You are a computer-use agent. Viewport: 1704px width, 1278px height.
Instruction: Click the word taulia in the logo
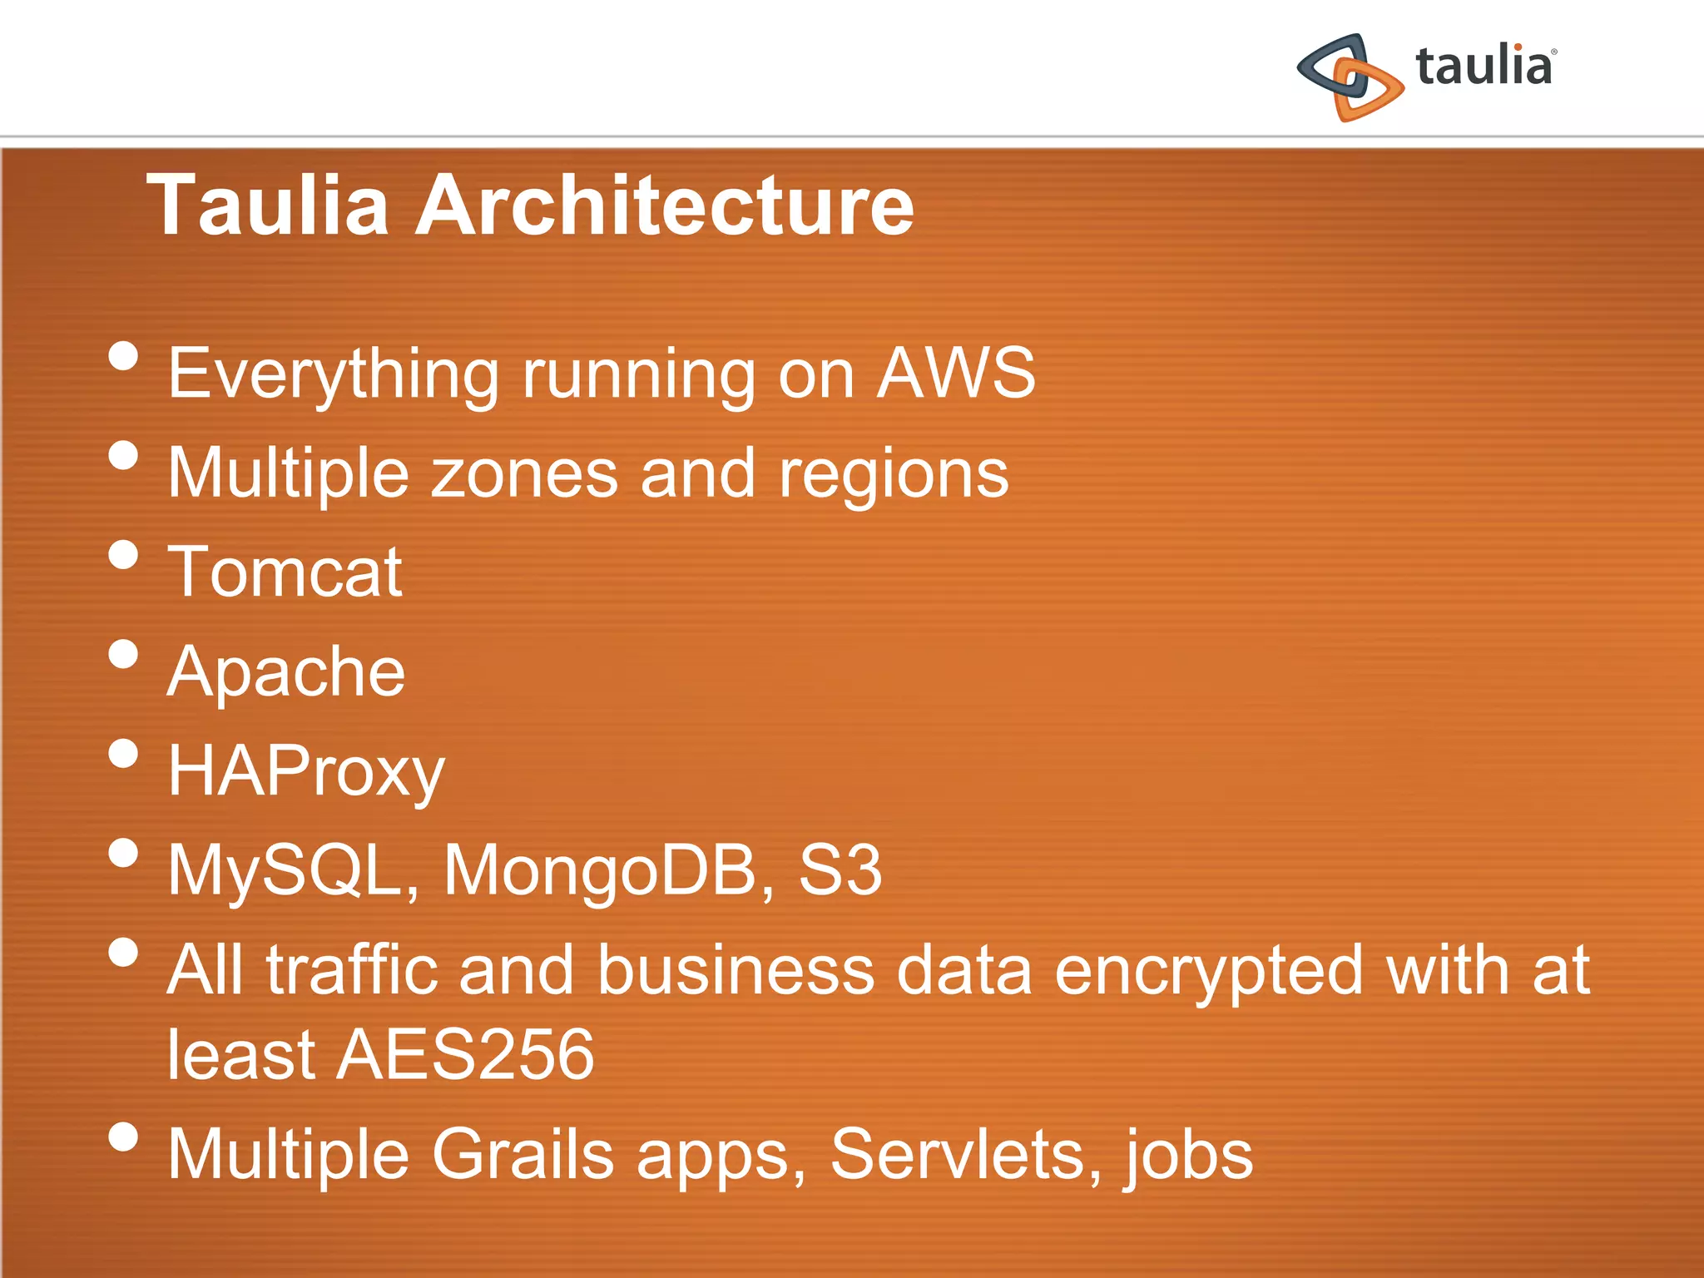[1484, 67]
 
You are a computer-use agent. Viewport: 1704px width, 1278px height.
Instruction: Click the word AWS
[956, 374]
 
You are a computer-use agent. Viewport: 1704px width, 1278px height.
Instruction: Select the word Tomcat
[285, 572]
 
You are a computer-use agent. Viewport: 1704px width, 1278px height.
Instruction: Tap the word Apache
[286, 673]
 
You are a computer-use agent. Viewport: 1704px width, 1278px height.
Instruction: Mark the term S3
[840, 870]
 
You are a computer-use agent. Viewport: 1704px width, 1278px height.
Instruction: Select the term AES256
[465, 1055]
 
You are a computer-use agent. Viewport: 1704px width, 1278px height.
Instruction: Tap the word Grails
[523, 1154]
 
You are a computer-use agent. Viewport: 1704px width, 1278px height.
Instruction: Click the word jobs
[1191, 1156]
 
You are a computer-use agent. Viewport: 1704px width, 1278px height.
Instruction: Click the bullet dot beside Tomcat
[123, 555]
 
